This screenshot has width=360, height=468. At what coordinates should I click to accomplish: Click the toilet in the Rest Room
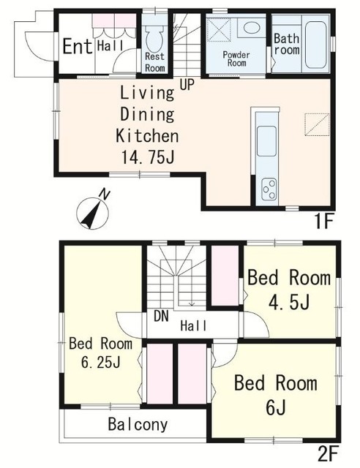click(154, 37)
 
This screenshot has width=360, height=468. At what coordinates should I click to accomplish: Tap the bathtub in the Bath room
click(316, 44)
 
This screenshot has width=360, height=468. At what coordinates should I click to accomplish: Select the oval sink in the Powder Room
click(251, 28)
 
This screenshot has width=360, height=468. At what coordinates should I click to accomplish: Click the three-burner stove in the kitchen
click(269, 189)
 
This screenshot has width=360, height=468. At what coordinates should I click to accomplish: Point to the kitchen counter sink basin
click(266, 141)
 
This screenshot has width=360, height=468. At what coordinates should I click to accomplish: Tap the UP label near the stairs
click(187, 85)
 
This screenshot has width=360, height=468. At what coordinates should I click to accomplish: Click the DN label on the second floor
click(161, 317)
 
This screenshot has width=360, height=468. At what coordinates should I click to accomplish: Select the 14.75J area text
click(148, 157)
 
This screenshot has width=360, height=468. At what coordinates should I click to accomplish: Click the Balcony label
click(138, 424)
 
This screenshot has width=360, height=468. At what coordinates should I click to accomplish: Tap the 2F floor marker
click(328, 455)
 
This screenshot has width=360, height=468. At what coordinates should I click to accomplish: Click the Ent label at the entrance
click(78, 46)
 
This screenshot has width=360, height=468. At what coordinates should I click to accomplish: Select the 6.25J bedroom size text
click(101, 363)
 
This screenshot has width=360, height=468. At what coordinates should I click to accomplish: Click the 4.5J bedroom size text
click(289, 302)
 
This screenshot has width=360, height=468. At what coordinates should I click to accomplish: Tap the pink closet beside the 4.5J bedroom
click(225, 275)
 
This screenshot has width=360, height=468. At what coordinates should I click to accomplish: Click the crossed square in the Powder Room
click(219, 29)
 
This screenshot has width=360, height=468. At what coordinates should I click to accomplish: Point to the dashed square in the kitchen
click(317, 124)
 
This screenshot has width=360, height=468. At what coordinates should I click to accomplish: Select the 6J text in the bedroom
click(275, 407)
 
